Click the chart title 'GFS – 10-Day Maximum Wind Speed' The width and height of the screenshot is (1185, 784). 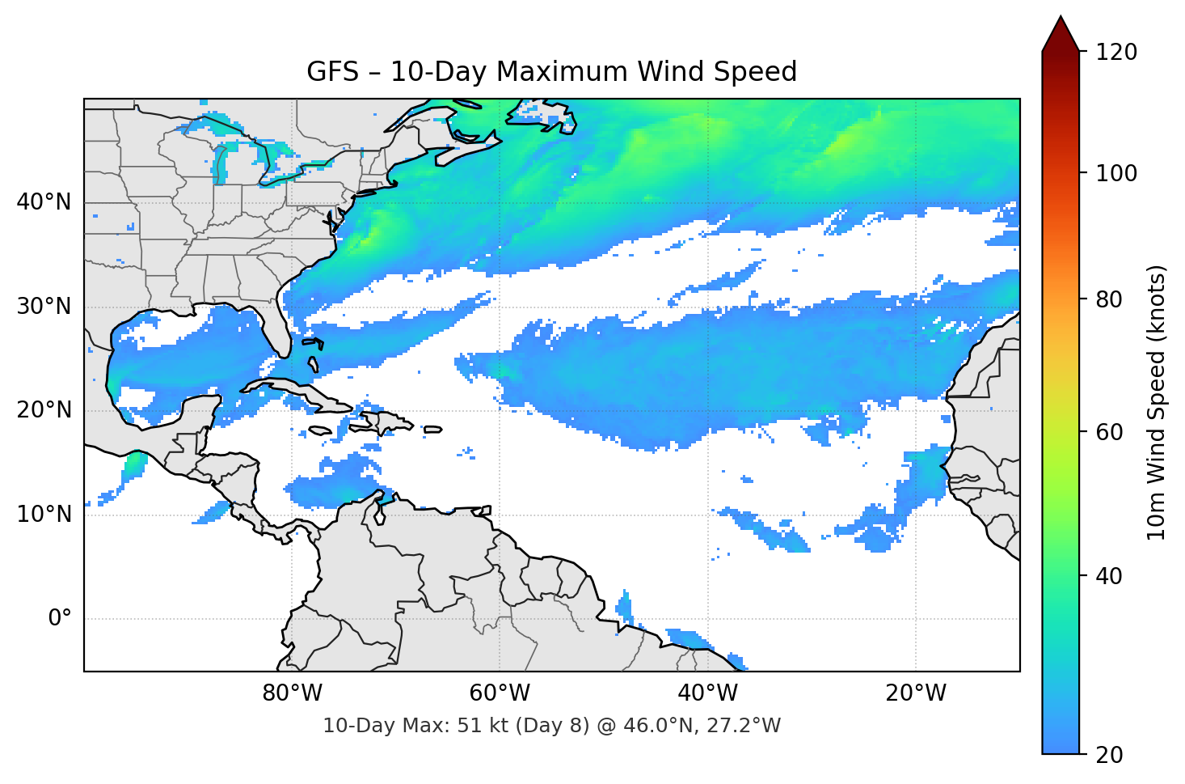[x=551, y=72]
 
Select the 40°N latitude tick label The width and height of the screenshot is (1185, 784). [x=44, y=202]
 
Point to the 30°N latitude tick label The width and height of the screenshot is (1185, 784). [x=44, y=307]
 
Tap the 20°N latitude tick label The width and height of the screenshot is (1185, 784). [x=44, y=410]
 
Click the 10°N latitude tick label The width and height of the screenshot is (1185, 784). [x=44, y=515]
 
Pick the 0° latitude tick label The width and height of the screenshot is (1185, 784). [x=60, y=619]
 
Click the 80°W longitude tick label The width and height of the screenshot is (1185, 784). [x=292, y=693]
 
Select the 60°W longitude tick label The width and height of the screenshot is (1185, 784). [x=500, y=693]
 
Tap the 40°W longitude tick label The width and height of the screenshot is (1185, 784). [x=707, y=693]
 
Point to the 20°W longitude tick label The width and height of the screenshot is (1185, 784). [x=915, y=693]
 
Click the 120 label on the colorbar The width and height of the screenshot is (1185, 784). [x=1116, y=53]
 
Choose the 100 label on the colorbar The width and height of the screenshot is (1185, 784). [x=1116, y=173]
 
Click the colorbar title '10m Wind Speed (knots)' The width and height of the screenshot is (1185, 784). [x=1157, y=402]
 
